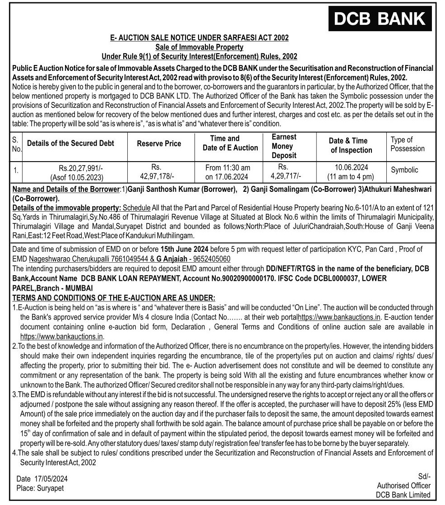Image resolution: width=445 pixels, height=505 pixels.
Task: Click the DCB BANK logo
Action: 380,19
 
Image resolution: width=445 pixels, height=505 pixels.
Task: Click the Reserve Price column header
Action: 159,144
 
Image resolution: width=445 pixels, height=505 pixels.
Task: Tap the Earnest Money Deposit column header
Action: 284,146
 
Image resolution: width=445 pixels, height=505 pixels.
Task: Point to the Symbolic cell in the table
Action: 404,170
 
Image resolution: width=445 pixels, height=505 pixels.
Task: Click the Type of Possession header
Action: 408,144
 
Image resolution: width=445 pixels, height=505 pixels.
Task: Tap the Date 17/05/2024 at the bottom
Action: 42,479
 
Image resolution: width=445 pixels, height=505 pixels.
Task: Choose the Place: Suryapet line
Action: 40,488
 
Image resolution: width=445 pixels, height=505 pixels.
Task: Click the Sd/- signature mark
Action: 424,476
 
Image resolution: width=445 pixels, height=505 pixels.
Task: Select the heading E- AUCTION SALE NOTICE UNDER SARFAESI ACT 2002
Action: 199,38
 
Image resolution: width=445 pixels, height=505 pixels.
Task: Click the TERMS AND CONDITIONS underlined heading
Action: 114,298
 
